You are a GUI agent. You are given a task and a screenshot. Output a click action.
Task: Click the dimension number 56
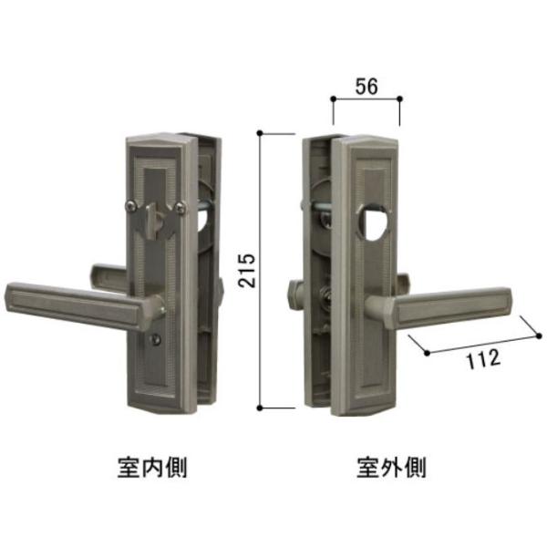pos(366,88)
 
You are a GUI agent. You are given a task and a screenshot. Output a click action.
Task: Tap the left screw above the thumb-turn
pos(136,204)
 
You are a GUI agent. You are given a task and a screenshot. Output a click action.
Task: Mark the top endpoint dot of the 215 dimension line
pos(261,133)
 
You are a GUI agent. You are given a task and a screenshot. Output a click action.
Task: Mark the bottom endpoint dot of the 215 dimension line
pos(261,407)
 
